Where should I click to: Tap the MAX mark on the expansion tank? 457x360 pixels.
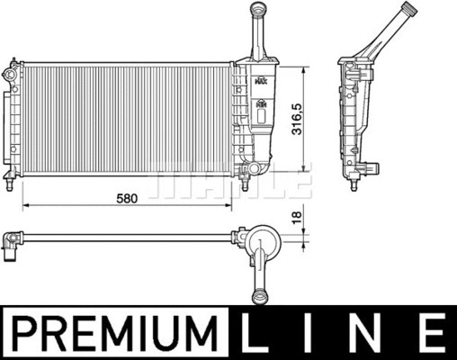tap(261, 80)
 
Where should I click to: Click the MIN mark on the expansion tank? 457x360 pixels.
tap(261, 104)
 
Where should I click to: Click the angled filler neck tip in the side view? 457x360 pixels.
tap(409, 12)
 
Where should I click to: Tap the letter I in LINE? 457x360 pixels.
tap(315, 332)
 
